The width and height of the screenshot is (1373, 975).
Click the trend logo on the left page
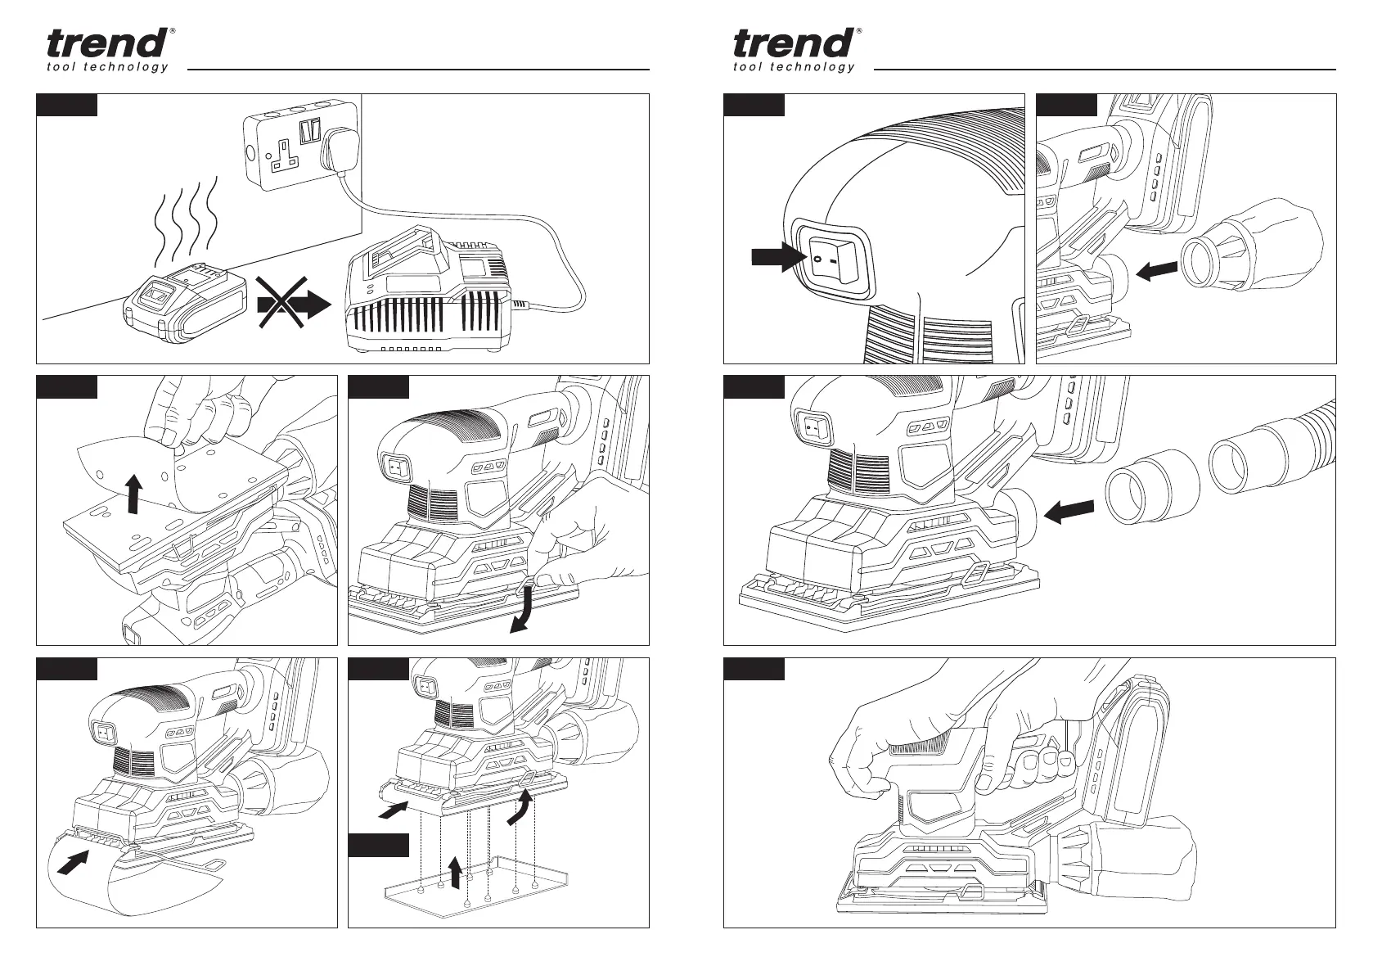(x=107, y=43)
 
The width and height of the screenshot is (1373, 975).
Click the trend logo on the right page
(x=794, y=43)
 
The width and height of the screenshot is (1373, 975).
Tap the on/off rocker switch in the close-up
(x=828, y=258)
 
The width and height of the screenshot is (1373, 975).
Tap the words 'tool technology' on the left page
(x=107, y=67)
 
